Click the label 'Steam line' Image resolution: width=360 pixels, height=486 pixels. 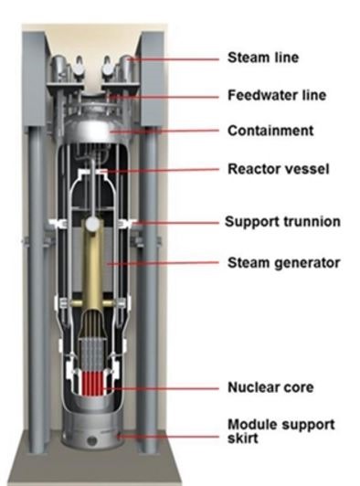pos(263,58)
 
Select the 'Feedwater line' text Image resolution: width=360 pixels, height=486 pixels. pos(277,95)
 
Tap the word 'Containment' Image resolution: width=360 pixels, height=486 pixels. pos(270,131)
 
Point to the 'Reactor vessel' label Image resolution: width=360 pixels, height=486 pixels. pos(278,169)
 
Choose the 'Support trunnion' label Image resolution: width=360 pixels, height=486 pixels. pos(282,222)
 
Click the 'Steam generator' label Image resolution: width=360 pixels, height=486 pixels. pos(284,263)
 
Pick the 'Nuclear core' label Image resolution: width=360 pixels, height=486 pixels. pos(270,387)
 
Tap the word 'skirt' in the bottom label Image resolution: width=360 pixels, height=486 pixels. pos(242,438)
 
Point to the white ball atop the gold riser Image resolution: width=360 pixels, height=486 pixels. pos(92,224)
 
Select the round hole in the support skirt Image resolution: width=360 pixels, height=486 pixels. pos(91,440)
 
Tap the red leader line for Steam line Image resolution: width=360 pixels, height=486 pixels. pos(175,58)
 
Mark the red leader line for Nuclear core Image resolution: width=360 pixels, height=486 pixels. pos(161,388)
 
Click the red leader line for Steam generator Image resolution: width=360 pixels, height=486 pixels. pos(164,263)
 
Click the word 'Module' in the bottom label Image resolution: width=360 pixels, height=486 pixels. pos(249,424)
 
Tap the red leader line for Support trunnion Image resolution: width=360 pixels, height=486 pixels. pos(177,223)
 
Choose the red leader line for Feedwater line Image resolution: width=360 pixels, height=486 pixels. pos(165,97)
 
